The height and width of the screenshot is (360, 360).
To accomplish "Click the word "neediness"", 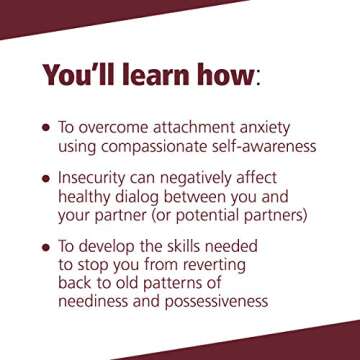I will (x=97, y=300).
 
